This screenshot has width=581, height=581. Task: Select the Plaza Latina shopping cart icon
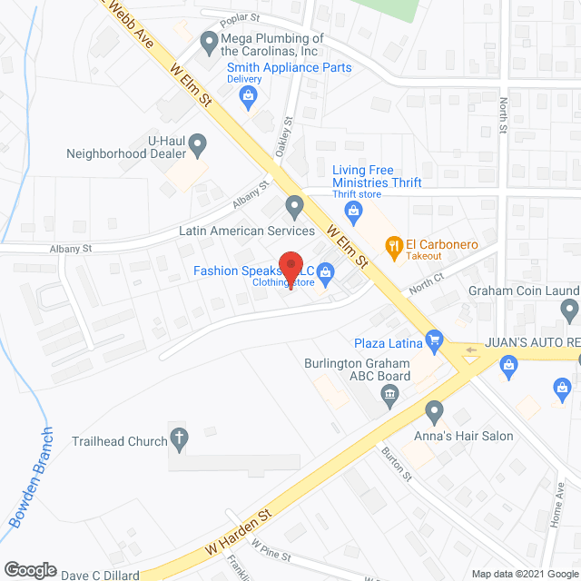[435, 341]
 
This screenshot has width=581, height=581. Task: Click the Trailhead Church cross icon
[180, 440]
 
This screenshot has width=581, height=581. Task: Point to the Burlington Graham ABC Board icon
[390, 392]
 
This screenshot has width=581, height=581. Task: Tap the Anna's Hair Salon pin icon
[435, 413]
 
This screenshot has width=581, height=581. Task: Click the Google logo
[30, 569]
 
